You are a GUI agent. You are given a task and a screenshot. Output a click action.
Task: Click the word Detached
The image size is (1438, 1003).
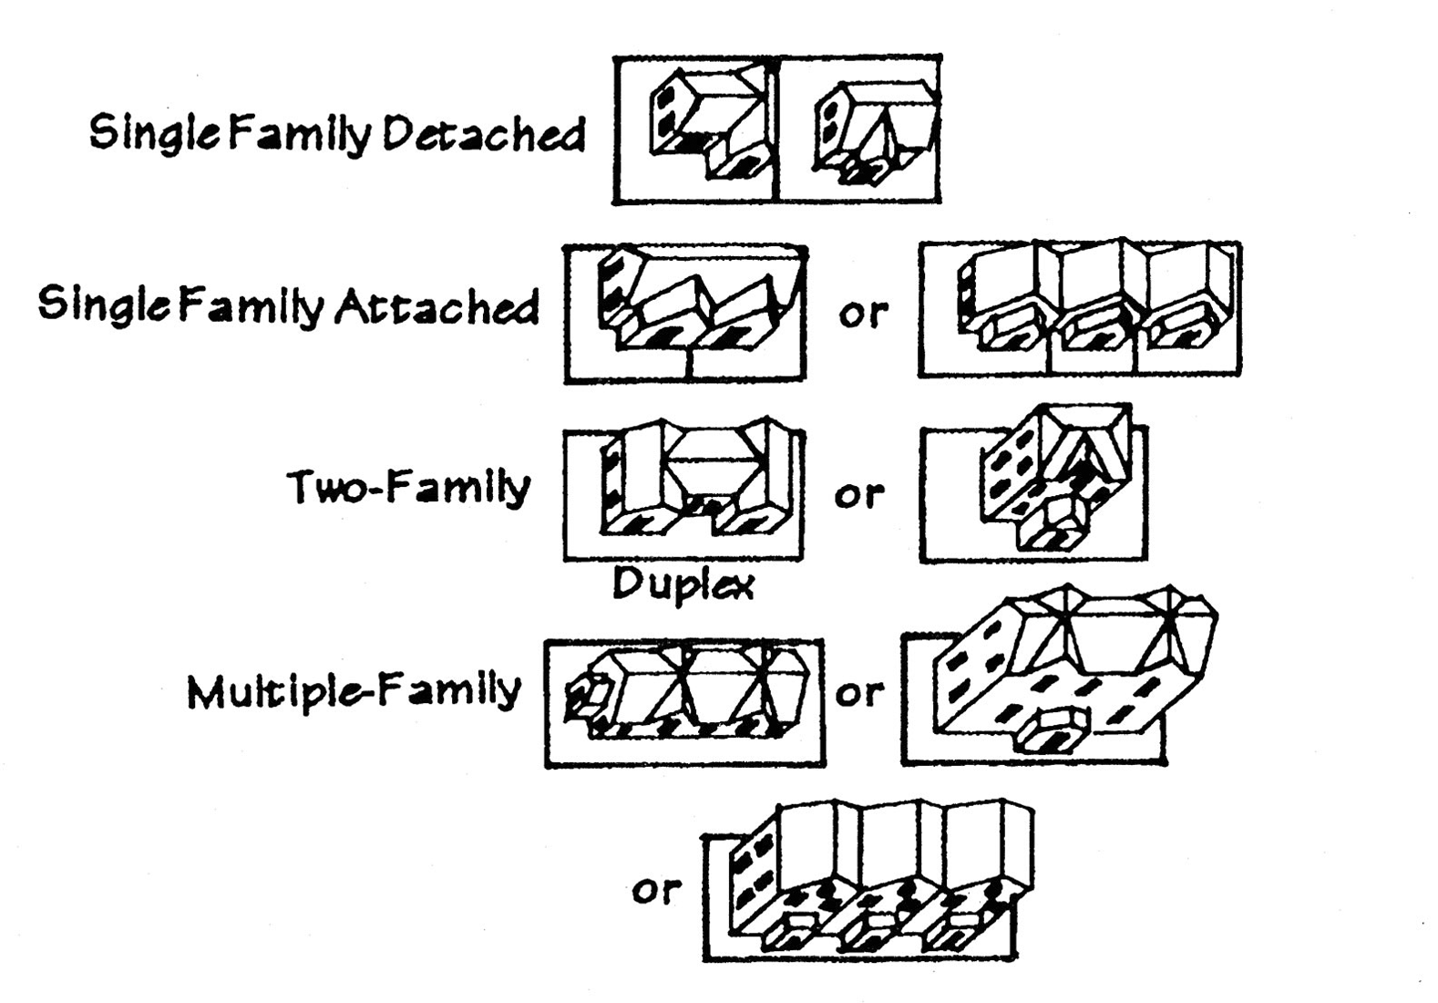click(x=484, y=134)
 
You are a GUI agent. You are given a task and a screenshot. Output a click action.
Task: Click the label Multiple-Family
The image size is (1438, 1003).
click(x=354, y=691)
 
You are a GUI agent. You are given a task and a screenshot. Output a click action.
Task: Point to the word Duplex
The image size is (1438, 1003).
click(x=683, y=584)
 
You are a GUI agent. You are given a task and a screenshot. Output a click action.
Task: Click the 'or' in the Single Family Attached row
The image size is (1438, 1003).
click(x=862, y=313)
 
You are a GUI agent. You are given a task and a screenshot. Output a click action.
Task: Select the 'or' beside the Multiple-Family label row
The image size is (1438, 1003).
click(x=859, y=693)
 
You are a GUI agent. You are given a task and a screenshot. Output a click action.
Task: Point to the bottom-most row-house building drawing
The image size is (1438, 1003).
click(x=879, y=880)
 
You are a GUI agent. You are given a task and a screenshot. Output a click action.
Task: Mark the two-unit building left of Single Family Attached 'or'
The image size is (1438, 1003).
click(x=693, y=301)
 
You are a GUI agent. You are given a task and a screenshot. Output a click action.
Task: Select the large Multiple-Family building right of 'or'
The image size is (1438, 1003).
click(x=1066, y=675)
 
